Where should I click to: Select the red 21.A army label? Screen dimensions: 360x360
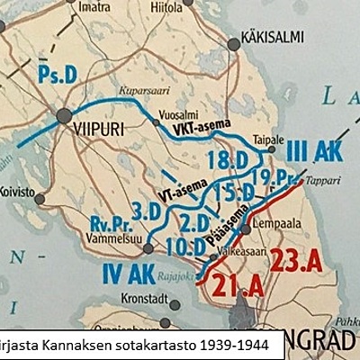(239, 286)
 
